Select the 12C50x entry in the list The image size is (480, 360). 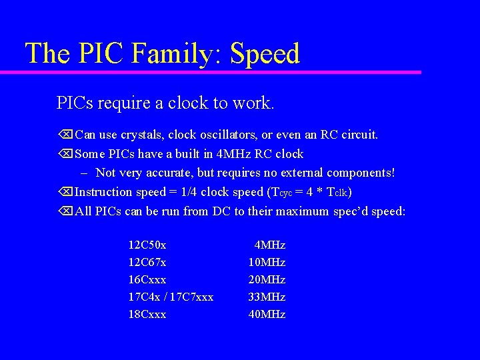(x=147, y=245)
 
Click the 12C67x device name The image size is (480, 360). (x=147, y=263)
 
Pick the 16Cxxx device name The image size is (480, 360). (x=147, y=280)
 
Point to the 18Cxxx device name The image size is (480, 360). (x=147, y=315)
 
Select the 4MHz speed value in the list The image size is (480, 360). (x=270, y=245)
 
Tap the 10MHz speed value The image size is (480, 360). (x=267, y=263)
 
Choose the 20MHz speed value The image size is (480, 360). (x=267, y=280)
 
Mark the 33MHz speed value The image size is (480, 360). (x=267, y=297)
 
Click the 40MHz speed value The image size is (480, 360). (x=267, y=315)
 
